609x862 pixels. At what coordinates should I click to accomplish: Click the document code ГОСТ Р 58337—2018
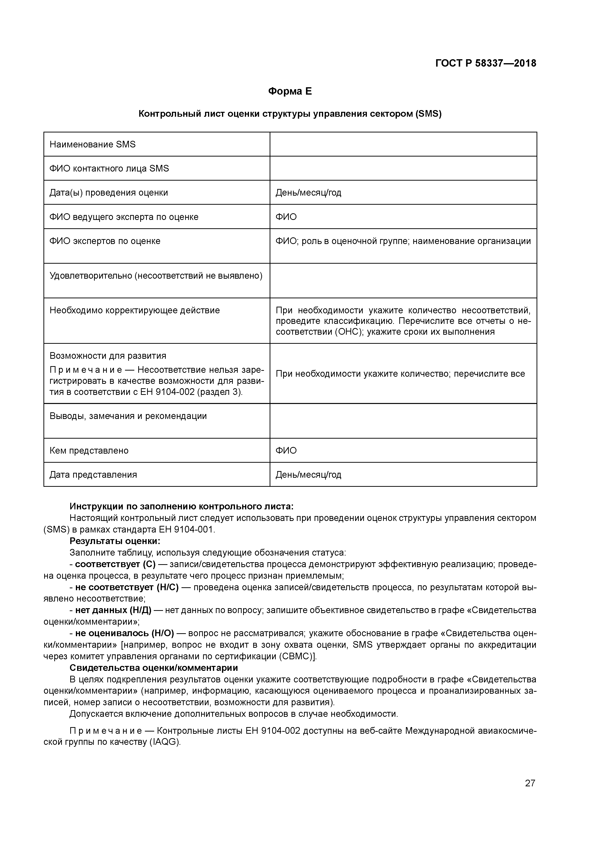click(485, 63)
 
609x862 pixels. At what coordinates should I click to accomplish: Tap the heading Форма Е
click(290, 91)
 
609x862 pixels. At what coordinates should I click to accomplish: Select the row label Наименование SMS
click(92, 144)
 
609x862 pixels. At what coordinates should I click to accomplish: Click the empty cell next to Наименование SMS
click(403, 144)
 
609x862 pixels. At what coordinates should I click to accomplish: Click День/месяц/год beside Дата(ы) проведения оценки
click(308, 193)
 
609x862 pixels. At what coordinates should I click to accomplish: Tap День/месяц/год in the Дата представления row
click(308, 474)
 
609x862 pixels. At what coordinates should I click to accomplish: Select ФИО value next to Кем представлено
click(286, 450)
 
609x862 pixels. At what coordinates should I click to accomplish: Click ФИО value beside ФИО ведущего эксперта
click(286, 217)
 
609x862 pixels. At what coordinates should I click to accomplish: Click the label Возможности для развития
click(108, 356)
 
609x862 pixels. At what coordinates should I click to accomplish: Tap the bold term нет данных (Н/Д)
click(113, 610)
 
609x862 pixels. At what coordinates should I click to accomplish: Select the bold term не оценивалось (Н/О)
click(124, 633)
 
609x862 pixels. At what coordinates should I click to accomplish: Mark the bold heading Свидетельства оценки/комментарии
click(153, 668)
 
